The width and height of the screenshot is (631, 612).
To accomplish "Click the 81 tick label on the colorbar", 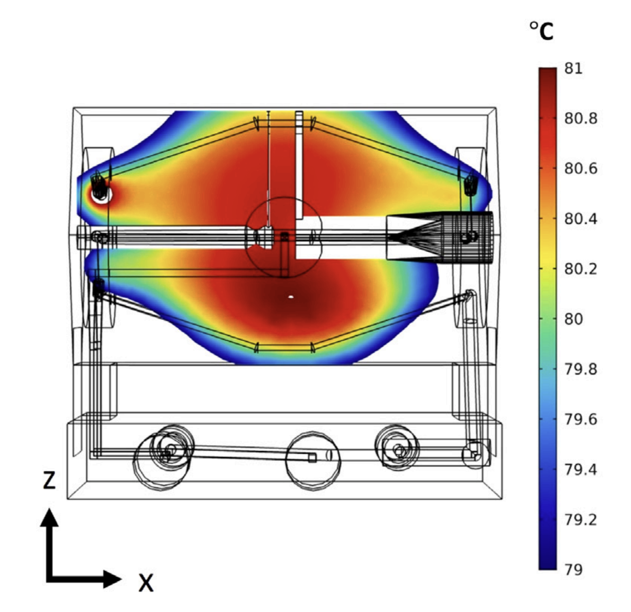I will pos(573,69).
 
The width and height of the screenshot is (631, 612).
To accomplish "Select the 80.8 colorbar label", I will pos(581,118).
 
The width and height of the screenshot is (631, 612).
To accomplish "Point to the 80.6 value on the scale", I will pos(581,169).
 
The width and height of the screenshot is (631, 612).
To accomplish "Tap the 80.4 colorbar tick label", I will pos(581,219).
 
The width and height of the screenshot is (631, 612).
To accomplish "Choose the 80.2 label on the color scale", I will pos(581,269).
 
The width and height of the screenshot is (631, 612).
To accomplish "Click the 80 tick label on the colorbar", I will pos(574,319).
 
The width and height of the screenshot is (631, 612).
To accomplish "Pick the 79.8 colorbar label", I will pos(581,369).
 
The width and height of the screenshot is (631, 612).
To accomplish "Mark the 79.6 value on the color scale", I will pos(581,419).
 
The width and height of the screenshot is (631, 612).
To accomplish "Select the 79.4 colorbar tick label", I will pos(581,469).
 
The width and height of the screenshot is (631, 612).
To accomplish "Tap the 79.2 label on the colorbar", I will pos(581,520).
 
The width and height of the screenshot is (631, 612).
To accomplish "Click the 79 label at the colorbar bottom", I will pos(574,570).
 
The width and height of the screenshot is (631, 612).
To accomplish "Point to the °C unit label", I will pos(541,31).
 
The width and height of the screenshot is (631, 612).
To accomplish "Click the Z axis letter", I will pos(49,480).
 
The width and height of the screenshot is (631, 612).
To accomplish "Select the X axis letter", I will pos(146,583).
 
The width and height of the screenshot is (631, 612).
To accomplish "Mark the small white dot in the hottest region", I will pos(291,297).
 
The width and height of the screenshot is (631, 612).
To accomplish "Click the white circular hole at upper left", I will pos(100,194).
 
